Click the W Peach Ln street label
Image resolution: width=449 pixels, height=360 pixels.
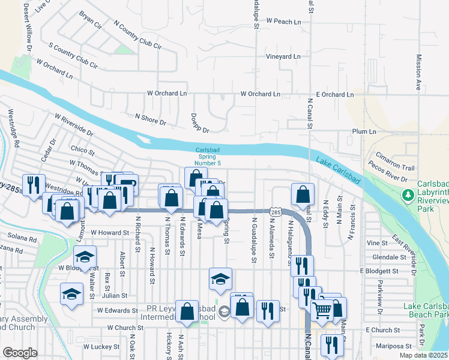point(284,21)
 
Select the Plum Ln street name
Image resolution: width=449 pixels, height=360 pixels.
point(364,131)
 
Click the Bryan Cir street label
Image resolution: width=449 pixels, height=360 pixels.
point(89,20)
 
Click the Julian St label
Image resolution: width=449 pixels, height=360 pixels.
point(115,295)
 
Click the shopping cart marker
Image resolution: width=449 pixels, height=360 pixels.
point(322,310)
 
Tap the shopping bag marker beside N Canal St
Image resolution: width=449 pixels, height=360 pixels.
point(303,193)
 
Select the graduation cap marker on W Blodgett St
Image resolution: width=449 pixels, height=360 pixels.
point(86,256)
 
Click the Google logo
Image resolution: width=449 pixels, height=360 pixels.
point(20,353)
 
